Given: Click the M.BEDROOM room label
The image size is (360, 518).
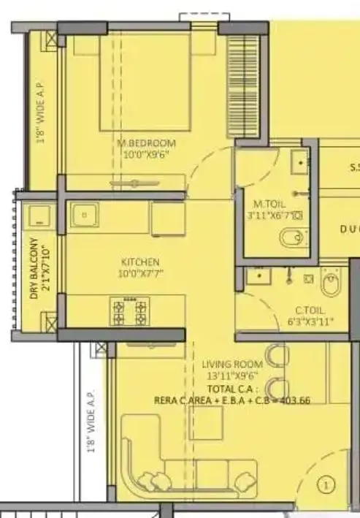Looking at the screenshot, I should coord(147,142).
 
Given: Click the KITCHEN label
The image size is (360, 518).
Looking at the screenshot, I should coord(140,262).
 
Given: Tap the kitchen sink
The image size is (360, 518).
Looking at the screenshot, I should coord(85,216).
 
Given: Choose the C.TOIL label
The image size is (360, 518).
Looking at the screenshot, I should coord(311,310).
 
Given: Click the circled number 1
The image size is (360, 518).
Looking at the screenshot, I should coord(326,483).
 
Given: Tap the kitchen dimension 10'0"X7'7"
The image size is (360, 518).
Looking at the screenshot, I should coord(140,273).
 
